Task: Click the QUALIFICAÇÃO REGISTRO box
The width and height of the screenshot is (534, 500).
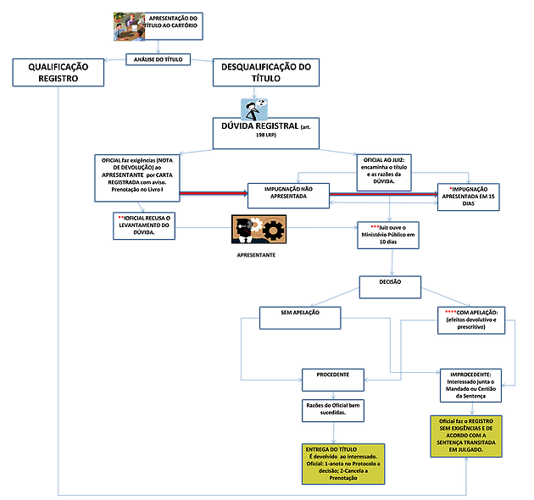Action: coord(58,72)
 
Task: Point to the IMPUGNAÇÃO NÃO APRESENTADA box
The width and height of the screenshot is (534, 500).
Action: coord(287,195)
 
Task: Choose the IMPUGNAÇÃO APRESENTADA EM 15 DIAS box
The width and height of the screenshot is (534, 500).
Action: coord(469,196)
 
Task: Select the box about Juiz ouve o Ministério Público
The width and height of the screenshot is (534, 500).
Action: coord(392,235)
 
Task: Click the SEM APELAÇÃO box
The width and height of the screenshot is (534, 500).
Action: coord(300,317)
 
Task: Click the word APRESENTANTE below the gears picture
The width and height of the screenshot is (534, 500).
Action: coord(258,254)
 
